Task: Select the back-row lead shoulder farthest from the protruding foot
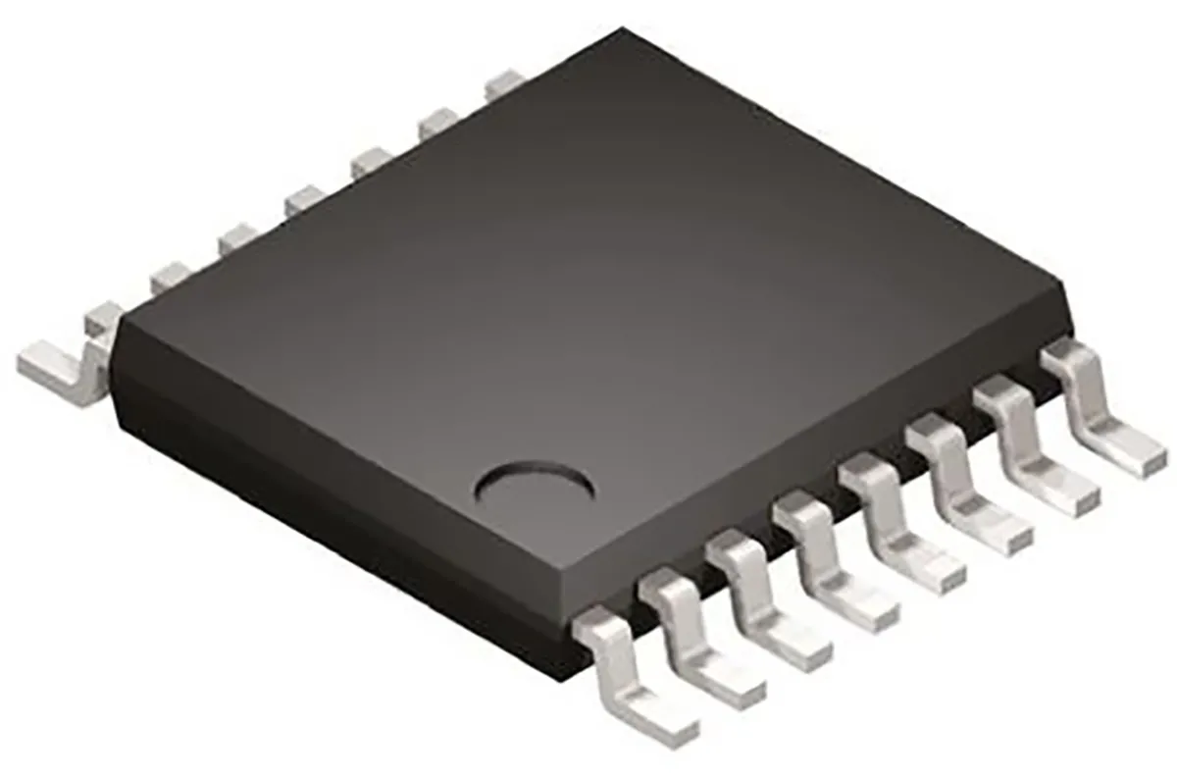(506, 82)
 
